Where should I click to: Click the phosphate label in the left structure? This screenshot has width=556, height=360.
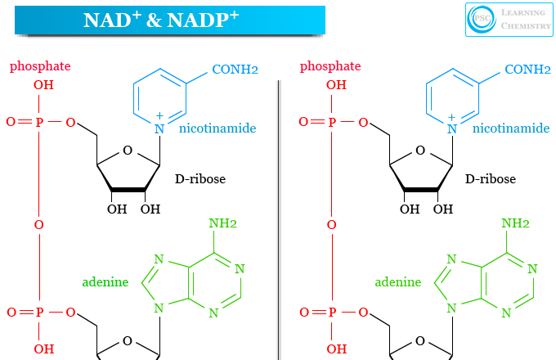click(x=40, y=66)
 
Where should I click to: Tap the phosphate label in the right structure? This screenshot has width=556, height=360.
click(x=331, y=66)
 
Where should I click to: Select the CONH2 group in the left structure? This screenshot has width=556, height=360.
click(x=235, y=70)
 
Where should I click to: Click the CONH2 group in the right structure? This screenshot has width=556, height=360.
click(x=527, y=70)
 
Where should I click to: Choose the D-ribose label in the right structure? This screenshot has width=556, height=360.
click(x=491, y=178)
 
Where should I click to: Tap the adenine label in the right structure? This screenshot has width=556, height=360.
click(x=397, y=282)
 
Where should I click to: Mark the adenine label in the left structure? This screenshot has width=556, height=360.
click(x=105, y=282)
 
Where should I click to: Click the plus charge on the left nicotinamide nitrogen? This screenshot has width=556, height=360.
click(x=159, y=116)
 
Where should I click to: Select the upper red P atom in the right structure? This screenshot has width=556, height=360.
click(x=331, y=123)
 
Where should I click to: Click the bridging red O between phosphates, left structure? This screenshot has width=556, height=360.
click(x=39, y=224)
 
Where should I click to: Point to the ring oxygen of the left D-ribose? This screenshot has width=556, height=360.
click(x=128, y=151)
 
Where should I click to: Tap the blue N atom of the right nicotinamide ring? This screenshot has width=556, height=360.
click(x=451, y=128)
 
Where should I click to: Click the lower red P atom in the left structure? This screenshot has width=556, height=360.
click(x=39, y=313)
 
